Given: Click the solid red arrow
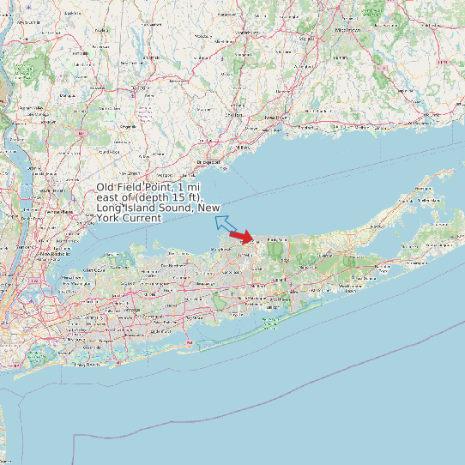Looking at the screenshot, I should pyautogui.click(x=243, y=236).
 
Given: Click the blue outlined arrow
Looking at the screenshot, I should pyautogui.click(x=226, y=224).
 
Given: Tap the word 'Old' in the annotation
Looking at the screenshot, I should pyautogui.click(x=106, y=187).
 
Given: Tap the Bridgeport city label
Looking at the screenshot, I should pyautogui.click(x=208, y=161).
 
